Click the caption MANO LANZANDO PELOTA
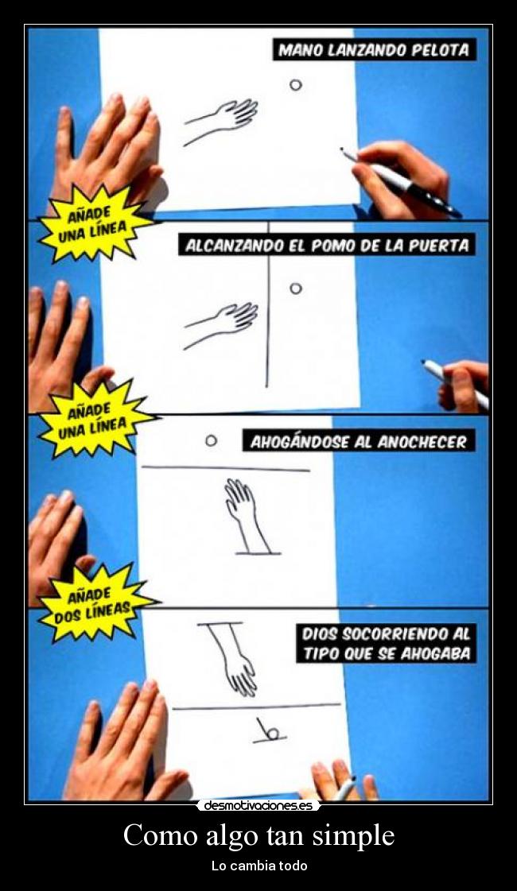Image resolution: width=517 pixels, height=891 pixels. click(x=375, y=50)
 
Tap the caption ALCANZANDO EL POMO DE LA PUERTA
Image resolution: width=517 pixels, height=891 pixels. click(x=326, y=246)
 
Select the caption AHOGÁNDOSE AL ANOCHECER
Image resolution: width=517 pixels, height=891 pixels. click(x=358, y=442)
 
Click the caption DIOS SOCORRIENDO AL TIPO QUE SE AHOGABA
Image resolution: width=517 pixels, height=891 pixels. click(x=386, y=644)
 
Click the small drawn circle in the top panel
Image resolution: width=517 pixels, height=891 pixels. click(x=295, y=84)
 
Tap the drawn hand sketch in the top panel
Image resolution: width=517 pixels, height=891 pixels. click(x=223, y=119)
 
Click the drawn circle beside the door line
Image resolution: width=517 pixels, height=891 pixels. click(x=295, y=289)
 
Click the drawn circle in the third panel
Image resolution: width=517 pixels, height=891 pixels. click(x=211, y=440)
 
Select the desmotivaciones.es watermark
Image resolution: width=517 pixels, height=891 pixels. click(x=258, y=805)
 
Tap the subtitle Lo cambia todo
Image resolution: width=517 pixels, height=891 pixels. click(x=258, y=866)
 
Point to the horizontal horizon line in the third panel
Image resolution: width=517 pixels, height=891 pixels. click(x=225, y=469)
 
